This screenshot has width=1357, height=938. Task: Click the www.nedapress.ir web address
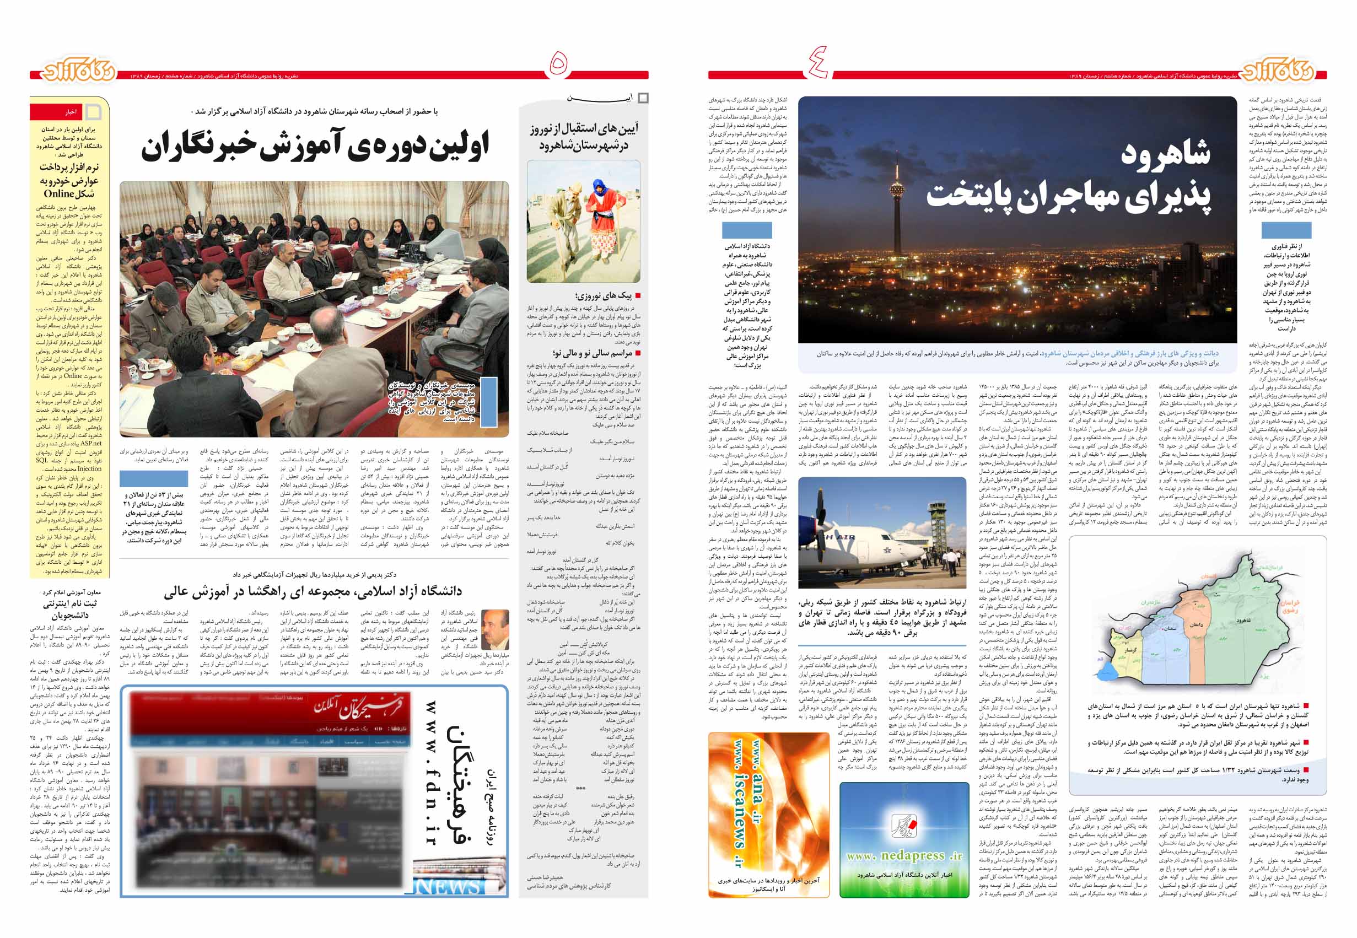tap(904, 856)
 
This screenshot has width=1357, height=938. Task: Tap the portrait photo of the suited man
tap(495, 629)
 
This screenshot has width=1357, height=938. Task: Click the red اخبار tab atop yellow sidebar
tap(71, 112)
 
